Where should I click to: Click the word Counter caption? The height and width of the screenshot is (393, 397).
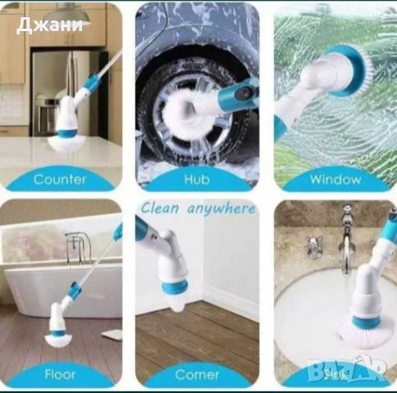tap(60, 179)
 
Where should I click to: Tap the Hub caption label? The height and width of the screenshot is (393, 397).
tap(196, 179)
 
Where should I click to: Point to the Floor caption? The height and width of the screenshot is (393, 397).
tap(60, 374)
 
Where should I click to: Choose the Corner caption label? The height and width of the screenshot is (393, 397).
tap(196, 374)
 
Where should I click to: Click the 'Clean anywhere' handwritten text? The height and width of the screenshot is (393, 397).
tap(197, 209)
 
